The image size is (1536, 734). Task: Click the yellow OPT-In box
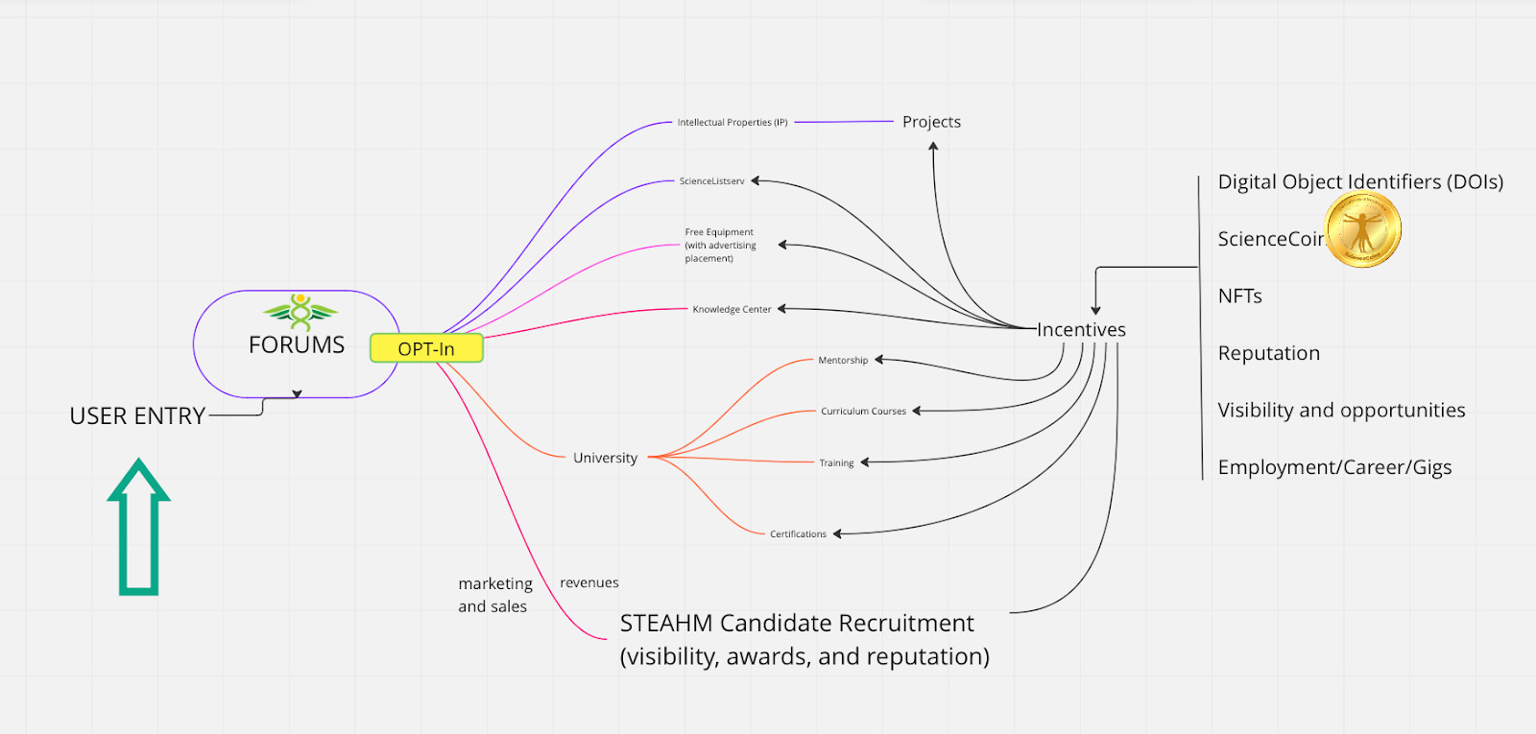pyautogui.click(x=426, y=348)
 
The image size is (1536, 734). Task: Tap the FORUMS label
pyautogui.click(x=297, y=344)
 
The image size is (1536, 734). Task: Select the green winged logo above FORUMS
pyautogui.click(x=300, y=312)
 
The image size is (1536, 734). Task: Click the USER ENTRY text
pyautogui.click(x=137, y=416)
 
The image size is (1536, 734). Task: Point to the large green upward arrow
pyautogui.click(x=138, y=527)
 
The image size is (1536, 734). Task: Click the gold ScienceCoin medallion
pyautogui.click(x=1362, y=229)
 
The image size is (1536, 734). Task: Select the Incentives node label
pyautogui.click(x=1081, y=330)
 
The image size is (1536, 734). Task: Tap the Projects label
pyautogui.click(x=931, y=122)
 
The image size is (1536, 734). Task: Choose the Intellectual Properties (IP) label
pyautogui.click(x=732, y=122)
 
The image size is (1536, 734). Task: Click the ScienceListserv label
pyautogui.click(x=711, y=181)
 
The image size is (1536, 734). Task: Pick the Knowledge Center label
pyautogui.click(x=732, y=309)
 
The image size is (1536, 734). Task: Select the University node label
pyautogui.click(x=606, y=458)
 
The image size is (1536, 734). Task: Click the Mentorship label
pyautogui.click(x=843, y=360)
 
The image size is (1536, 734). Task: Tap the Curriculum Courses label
pyautogui.click(x=863, y=412)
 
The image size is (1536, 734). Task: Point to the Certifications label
pyautogui.click(x=798, y=533)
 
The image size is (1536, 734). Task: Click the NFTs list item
pyautogui.click(x=1239, y=296)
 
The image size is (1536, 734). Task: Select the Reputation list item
pyautogui.click(x=1268, y=353)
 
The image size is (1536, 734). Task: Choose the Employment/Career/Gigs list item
pyautogui.click(x=1334, y=467)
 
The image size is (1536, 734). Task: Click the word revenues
pyautogui.click(x=589, y=582)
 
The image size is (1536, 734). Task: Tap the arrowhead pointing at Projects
pyautogui.click(x=932, y=146)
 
